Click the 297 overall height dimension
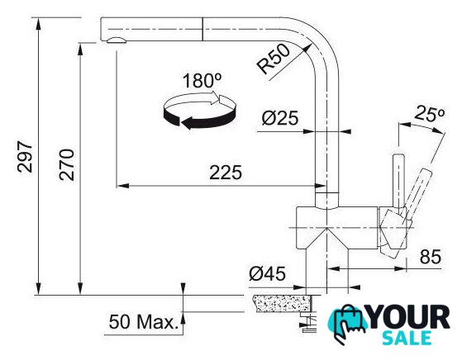25,156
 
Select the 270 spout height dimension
67,164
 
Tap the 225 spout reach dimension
226,173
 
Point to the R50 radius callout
273,59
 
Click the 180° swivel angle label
202,81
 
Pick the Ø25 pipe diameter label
280,118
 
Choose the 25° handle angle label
429,114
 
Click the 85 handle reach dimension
431,257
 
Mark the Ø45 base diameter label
267,273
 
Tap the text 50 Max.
144,321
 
